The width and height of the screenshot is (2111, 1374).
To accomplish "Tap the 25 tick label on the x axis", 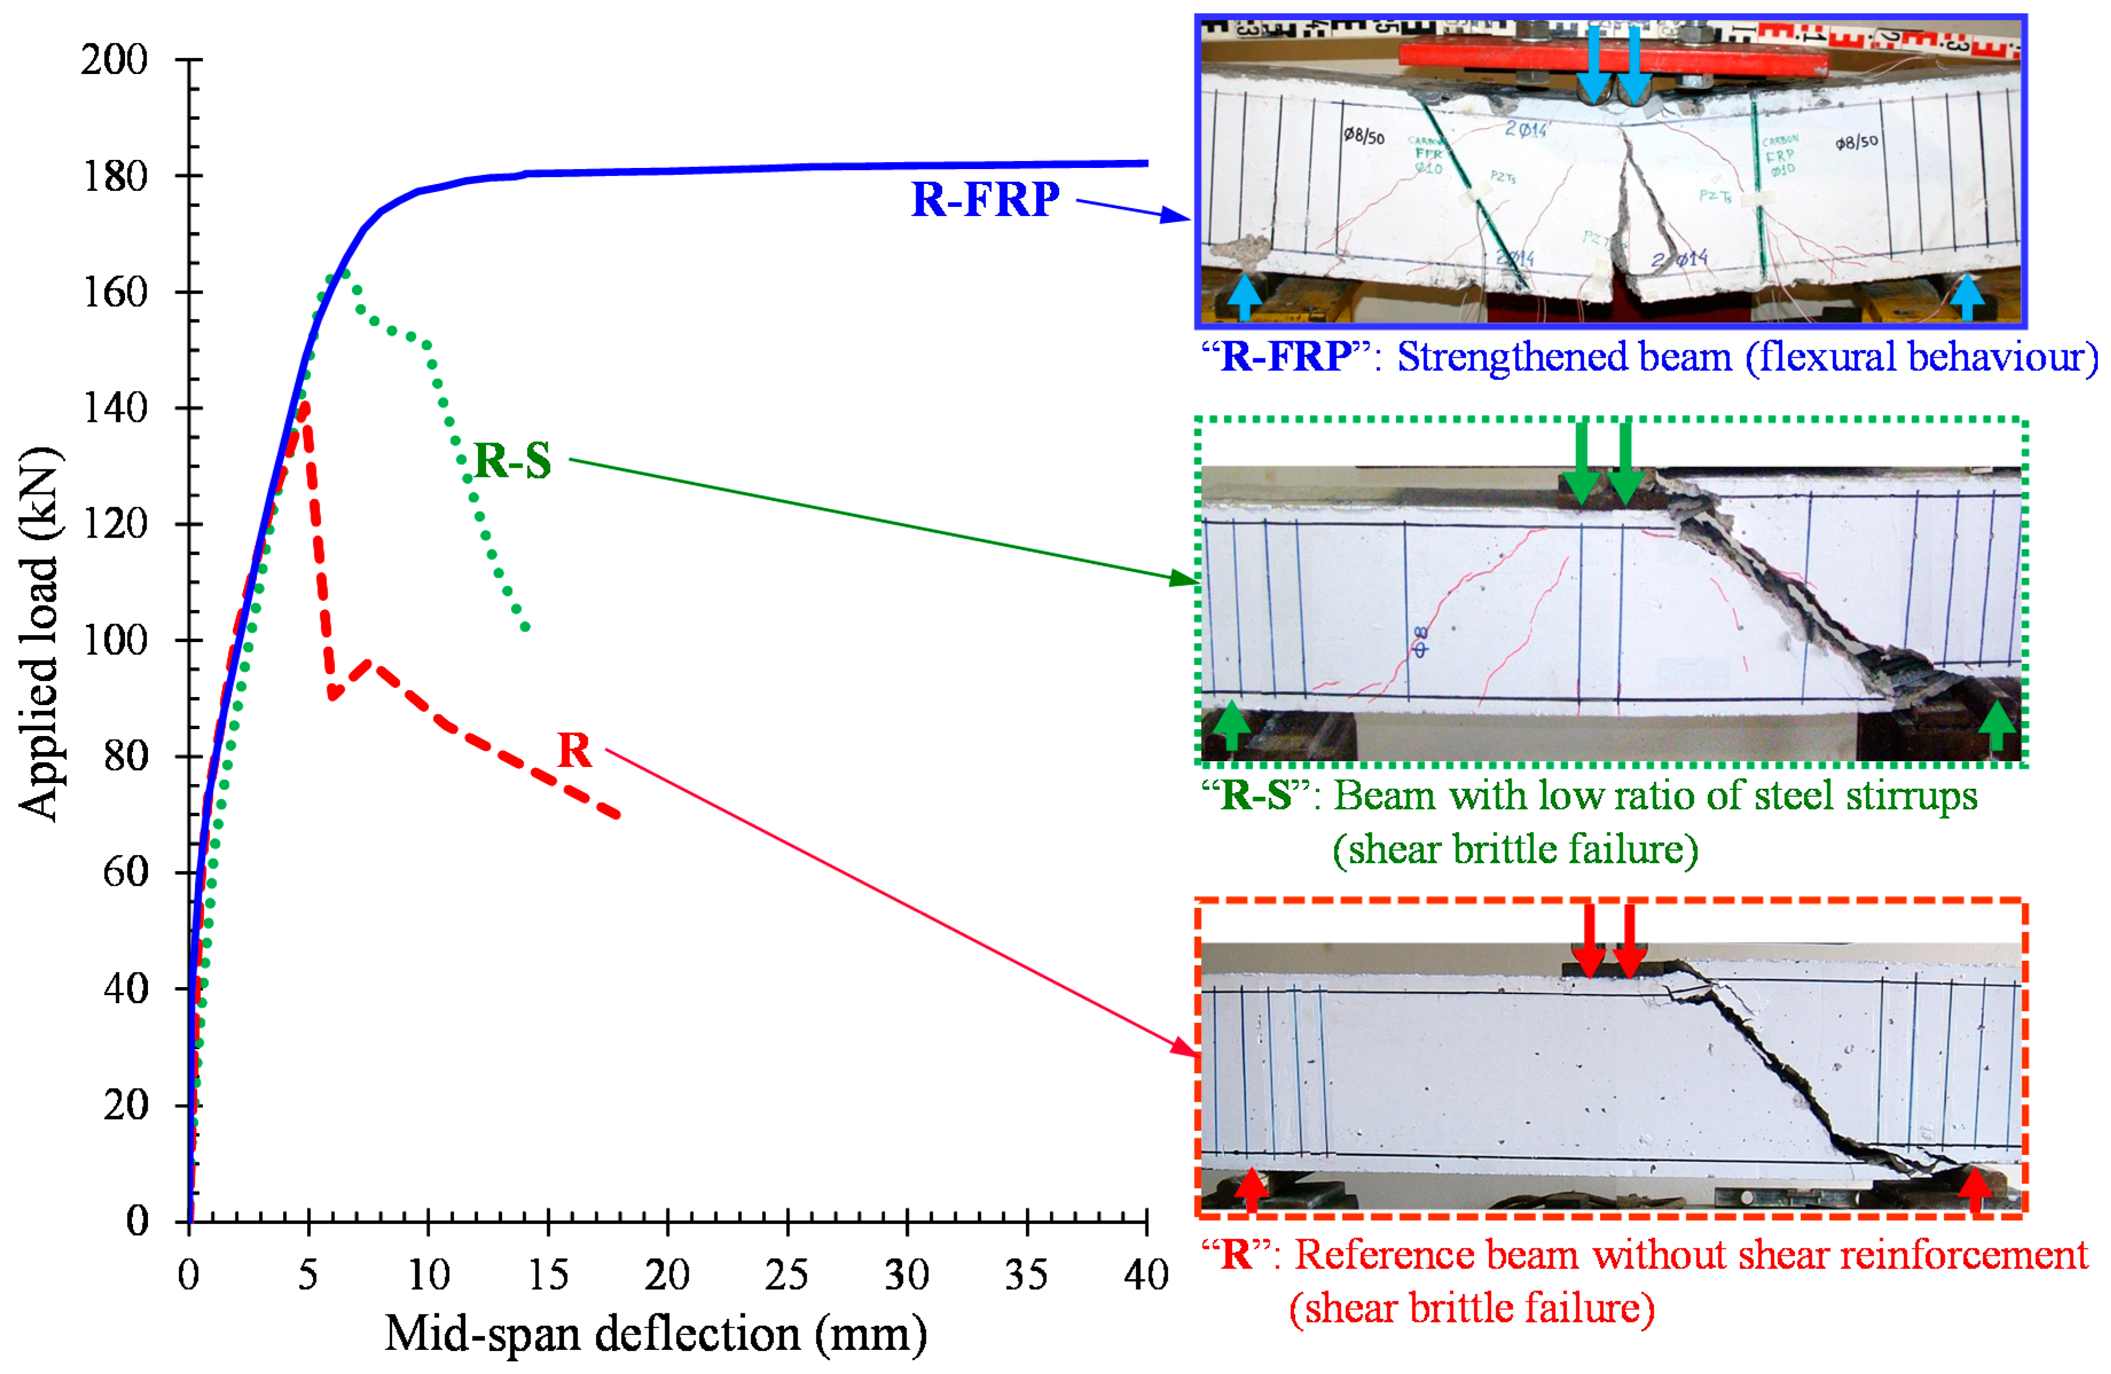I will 787,1275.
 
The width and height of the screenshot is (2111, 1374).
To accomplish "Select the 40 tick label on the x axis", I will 1146,1275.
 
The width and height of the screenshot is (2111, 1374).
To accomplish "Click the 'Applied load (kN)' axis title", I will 40,634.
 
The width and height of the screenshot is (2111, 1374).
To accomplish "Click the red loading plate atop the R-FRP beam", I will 1508,55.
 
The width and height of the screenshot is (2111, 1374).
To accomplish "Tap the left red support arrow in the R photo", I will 1251,1189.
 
